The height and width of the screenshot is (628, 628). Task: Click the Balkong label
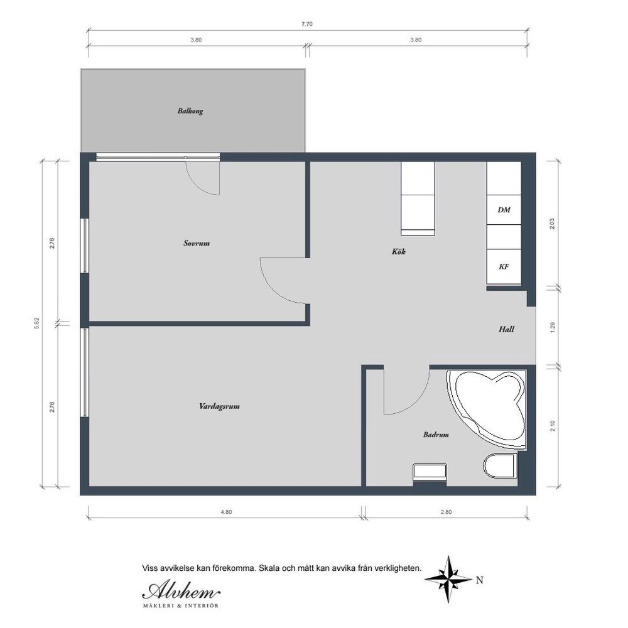click(190, 111)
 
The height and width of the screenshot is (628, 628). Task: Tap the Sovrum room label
click(196, 243)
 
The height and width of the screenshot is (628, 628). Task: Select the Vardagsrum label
click(219, 406)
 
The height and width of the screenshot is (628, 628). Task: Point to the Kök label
click(399, 252)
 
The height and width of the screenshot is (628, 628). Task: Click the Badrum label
click(436, 435)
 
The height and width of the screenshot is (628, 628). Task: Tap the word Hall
click(506, 329)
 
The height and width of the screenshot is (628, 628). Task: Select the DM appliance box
click(504, 210)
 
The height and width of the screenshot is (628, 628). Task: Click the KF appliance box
click(504, 267)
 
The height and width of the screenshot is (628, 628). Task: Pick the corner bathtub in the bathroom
click(487, 409)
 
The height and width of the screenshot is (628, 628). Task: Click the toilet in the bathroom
click(501, 466)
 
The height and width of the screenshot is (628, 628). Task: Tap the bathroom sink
click(430, 472)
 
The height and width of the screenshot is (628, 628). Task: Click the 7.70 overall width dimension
click(307, 24)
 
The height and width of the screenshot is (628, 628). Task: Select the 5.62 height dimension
click(37, 323)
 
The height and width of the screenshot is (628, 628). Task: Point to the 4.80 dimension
click(226, 512)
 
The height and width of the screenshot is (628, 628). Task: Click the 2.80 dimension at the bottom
click(446, 512)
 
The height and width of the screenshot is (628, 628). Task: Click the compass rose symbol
click(448, 579)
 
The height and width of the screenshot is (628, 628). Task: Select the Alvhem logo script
click(181, 591)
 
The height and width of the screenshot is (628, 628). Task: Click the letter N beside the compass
click(479, 580)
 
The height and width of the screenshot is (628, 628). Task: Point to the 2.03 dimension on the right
click(552, 224)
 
